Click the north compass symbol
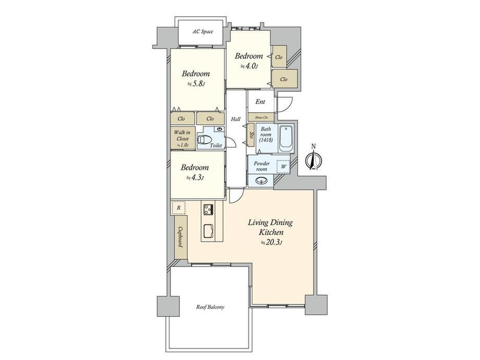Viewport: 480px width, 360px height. [x=313, y=158]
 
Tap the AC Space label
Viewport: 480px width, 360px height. [x=202, y=31]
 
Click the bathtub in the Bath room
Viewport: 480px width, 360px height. [x=286, y=138]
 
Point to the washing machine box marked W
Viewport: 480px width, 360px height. [x=283, y=166]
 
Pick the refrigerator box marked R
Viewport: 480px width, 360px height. [x=178, y=208]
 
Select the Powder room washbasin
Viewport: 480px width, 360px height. [x=261, y=181]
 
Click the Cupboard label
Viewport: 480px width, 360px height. [x=181, y=237]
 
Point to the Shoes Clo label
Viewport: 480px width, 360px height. [x=261, y=117]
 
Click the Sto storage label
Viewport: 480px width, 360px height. [x=251, y=135]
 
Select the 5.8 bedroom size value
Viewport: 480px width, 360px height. [x=196, y=84]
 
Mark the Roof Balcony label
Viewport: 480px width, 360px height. [x=210, y=307]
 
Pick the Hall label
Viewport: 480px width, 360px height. [x=236, y=119]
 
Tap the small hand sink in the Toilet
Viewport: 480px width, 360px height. [x=219, y=129]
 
